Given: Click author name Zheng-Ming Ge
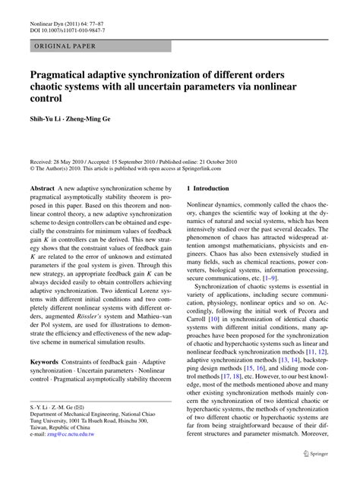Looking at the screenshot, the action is point(103,120).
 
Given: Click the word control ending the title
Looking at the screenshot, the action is point(47,99).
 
